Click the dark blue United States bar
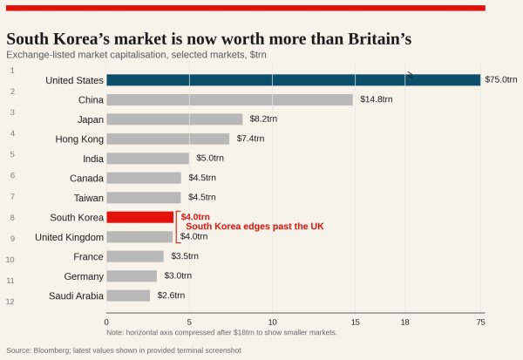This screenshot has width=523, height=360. point(293,80)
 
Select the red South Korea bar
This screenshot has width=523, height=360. point(139,217)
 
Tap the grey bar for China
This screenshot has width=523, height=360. point(229,99)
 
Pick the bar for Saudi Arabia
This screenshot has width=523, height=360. point(128,295)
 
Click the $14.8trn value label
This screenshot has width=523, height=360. point(376,99)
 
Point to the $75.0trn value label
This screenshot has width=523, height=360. point(500,80)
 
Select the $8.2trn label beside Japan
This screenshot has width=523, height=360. point(263,119)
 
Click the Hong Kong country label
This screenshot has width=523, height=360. point(79,139)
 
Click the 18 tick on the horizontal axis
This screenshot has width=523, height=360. point(405,322)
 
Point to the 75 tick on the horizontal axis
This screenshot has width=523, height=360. point(480,322)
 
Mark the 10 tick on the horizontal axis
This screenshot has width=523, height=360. point(272,322)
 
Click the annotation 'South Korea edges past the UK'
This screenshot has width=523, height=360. point(255,227)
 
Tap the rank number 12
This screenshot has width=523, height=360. point(10,302)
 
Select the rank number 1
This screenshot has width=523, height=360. point(12,70)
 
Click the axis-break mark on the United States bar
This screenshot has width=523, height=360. point(410,75)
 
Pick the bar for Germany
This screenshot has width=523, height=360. point(132,276)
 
